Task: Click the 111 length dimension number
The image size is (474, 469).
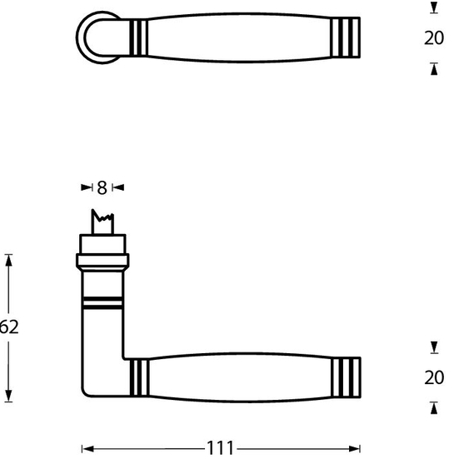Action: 220,449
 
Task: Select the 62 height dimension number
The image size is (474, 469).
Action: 8,327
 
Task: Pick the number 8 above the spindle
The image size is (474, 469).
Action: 102,188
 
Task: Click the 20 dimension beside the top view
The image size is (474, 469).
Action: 434,38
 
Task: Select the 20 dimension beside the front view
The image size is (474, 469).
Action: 434,377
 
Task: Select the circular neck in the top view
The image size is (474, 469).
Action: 95,37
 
